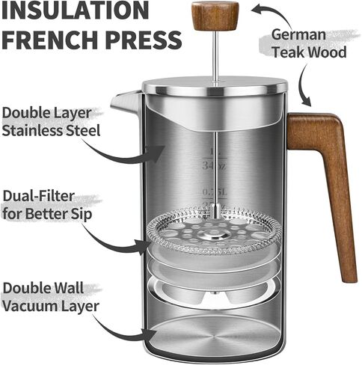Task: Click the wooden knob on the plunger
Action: click(215, 15)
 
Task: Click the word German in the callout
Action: click(299, 34)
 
